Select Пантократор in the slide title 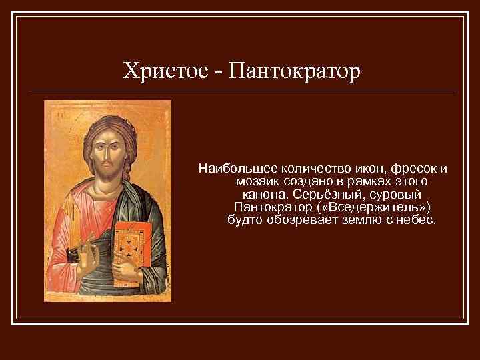point(294,70)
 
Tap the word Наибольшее point(231,169)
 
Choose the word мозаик point(257,182)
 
